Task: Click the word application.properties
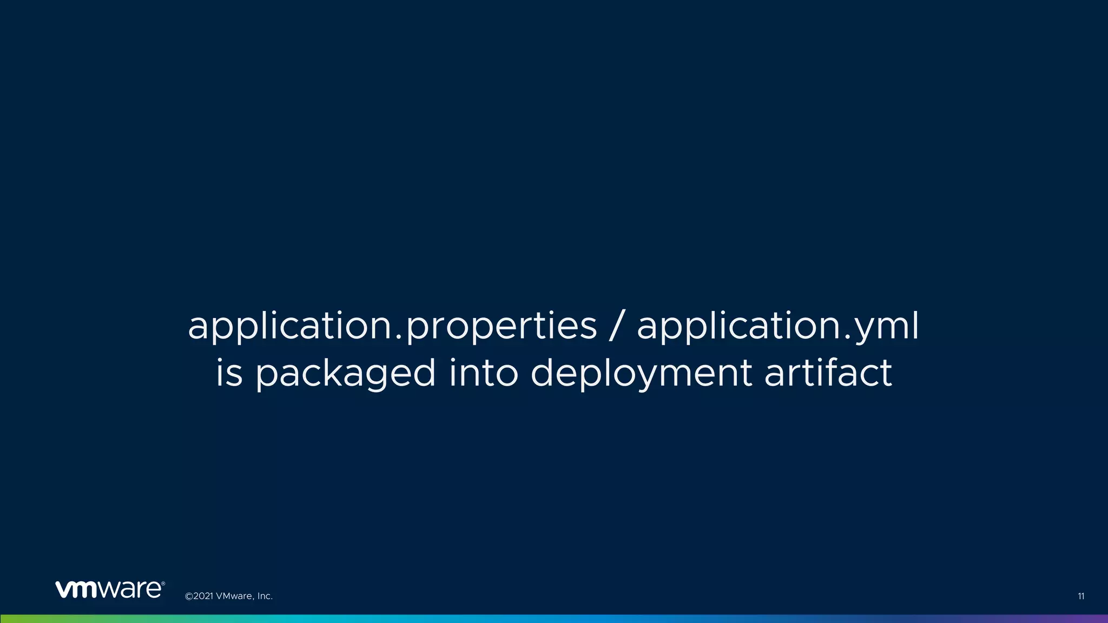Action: pos(392,326)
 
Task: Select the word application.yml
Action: pos(777,326)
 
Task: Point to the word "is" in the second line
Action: pos(229,373)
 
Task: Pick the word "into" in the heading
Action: pos(484,373)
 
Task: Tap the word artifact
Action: pos(828,373)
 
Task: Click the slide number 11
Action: pos(1080,597)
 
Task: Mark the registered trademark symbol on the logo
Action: pos(163,584)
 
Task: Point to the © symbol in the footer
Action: pos(189,597)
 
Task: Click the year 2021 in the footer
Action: pos(203,597)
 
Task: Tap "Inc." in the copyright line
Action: pos(265,597)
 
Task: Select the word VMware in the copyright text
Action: pos(234,597)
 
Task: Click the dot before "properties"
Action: pos(399,337)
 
